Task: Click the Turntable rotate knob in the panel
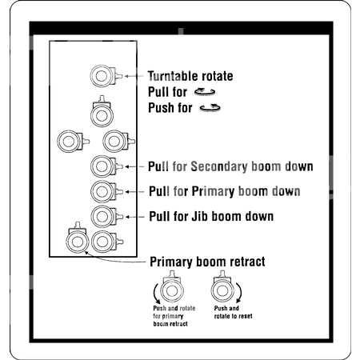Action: (x=102, y=76)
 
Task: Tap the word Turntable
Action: (x=172, y=76)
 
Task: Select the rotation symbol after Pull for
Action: (x=205, y=92)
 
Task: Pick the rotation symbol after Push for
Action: (x=210, y=108)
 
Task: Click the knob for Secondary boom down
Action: (x=102, y=166)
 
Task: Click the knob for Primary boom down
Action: (x=102, y=191)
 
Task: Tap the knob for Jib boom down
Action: (x=102, y=217)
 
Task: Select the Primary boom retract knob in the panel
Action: (x=78, y=241)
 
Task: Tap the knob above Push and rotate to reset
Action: (x=222, y=290)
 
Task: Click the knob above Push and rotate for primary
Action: (x=172, y=290)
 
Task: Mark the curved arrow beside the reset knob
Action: (x=239, y=293)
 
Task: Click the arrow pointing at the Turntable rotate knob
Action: (x=134, y=76)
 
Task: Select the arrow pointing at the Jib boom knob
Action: (x=135, y=217)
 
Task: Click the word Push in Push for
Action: (x=161, y=108)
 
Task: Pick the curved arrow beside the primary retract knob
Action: (x=156, y=294)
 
